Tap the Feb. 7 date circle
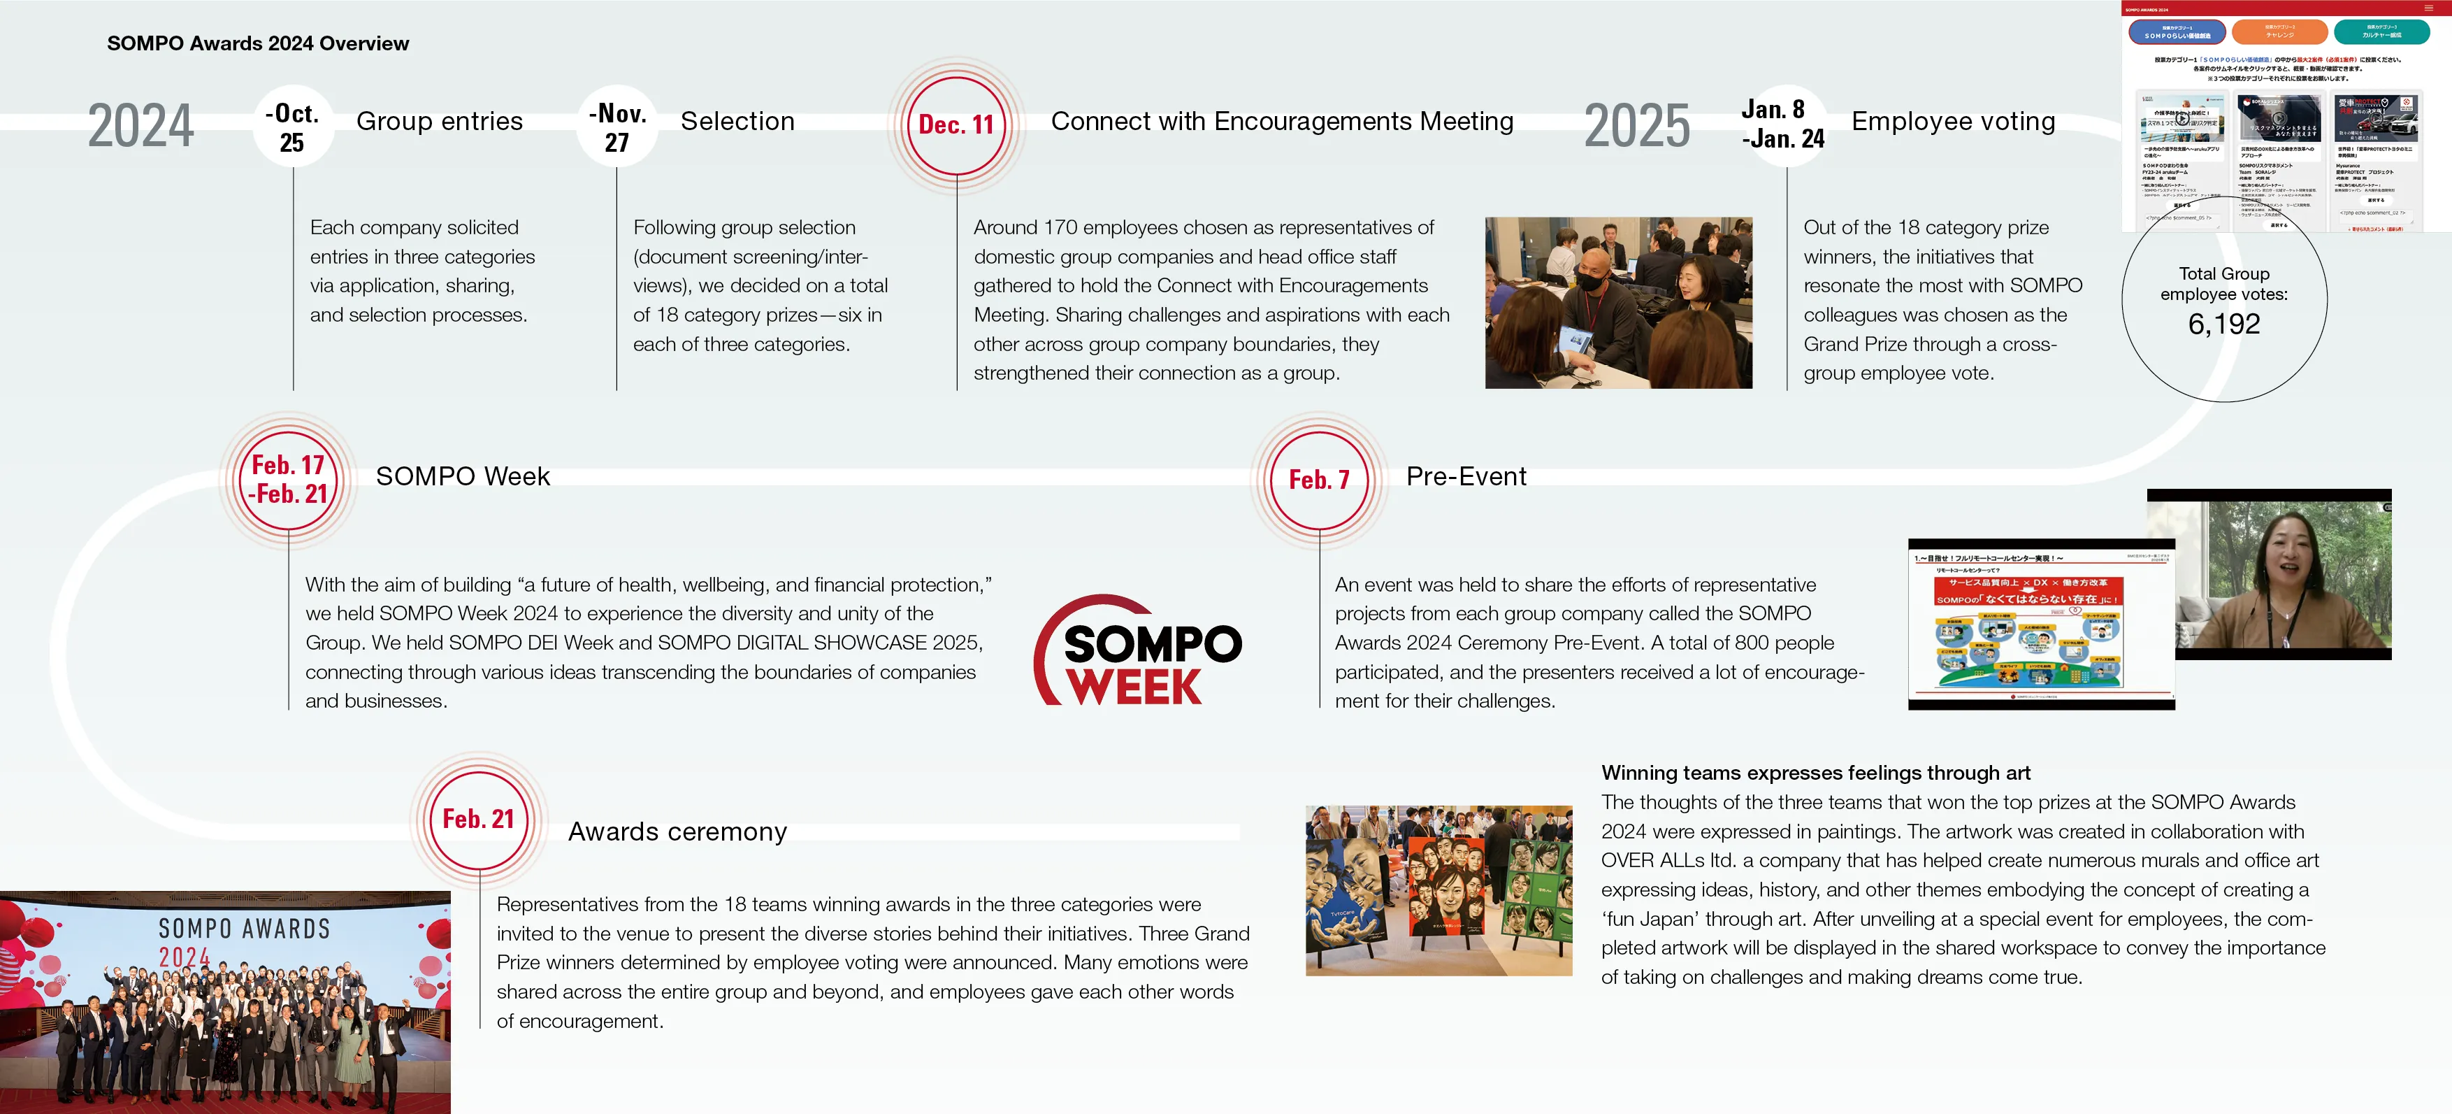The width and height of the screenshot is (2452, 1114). [x=1319, y=479]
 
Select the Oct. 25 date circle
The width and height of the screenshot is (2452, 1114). [x=292, y=127]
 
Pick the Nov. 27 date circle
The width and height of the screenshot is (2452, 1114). [x=616, y=127]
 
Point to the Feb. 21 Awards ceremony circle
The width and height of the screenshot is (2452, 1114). [x=479, y=820]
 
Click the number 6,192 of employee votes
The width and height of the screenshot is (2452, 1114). [x=2223, y=324]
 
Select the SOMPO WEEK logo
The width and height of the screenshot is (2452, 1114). [x=1139, y=653]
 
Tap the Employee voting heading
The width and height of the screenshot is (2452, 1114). [x=1953, y=122]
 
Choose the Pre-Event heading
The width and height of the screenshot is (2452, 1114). [x=1466, y=476]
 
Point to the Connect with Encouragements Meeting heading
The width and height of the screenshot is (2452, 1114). [x=1281, y=122]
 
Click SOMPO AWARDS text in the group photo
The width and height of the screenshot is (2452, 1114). [x=245, y=929]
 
